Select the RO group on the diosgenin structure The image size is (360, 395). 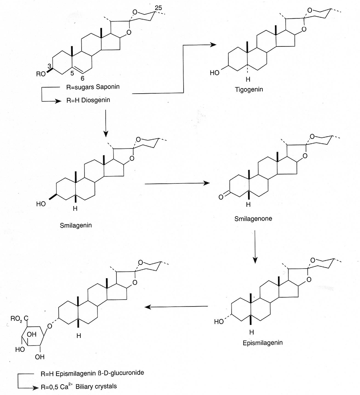pyautogui.click(x=40, y=74)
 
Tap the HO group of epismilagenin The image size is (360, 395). pyautogui.click(x=219, y=322)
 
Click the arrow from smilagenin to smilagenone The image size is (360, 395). pyautogui.click(x=176, y=184)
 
